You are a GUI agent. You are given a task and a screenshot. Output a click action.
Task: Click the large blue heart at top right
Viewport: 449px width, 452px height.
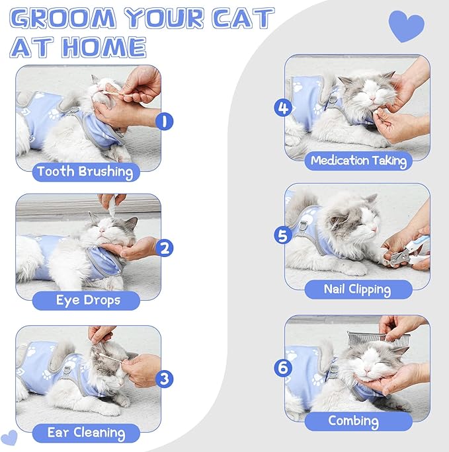pyautogui.click(x=406, y=26)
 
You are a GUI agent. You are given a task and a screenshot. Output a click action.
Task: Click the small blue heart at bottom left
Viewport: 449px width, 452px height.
pyautogui.click(x=10, y=437)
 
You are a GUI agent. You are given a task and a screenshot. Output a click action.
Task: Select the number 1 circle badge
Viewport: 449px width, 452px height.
pyautogui.click(x=165, y=121)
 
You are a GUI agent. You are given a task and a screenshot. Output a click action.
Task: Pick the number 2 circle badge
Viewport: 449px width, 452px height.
pyautogui.click(x=165, y=248)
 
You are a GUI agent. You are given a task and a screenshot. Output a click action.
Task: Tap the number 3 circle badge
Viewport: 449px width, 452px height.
pyautogui.click(x=165, y=379)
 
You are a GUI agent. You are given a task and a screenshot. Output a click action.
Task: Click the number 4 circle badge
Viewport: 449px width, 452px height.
pyautogui.click(x=284, y=107)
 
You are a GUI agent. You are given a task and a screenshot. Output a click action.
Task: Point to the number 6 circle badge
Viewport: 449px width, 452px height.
pyautogui.click(x=284, y=367)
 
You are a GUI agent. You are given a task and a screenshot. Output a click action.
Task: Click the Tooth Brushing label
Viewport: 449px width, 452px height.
pyautogui.click(x=86, y=172)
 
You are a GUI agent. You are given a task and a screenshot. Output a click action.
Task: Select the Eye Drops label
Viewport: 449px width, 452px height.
pyautogui.click(x=87, y=300)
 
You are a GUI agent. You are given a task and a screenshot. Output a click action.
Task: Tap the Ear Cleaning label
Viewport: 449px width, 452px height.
pyautogui.click(x=86, y=433)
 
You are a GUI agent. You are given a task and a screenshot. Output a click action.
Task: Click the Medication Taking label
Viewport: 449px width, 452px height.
pyautogui.click(x=358, y=160)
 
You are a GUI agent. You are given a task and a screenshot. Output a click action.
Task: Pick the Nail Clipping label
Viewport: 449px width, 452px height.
pyautogui.click(x=357, y=289)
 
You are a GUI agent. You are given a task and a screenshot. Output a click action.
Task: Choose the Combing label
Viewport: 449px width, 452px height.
pyautogui.click(x=354, y=421)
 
